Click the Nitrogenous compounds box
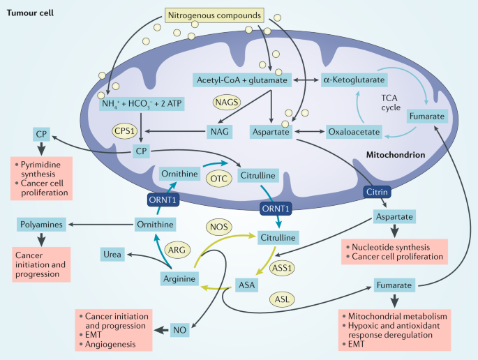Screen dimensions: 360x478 pyautogui.click(x=216, y=14)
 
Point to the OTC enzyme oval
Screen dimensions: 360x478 pyautogui.click(x=217, y=179)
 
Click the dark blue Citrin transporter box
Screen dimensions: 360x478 pyautogui.click(x=374, y=191)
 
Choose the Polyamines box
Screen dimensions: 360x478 pyautogui.click(x=41, y=225)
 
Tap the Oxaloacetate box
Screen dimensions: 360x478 pyautogui.click(x=354, y=131)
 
